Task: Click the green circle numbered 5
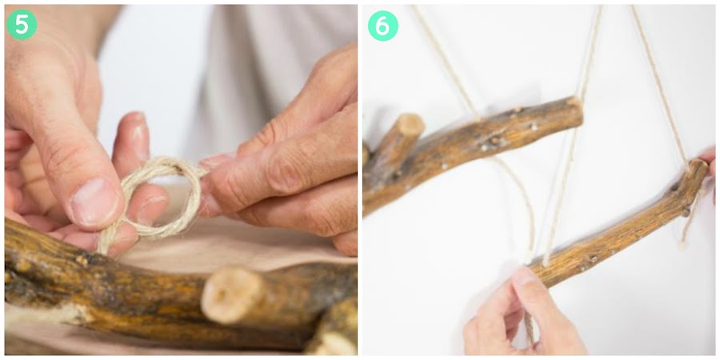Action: [x=22, y=24]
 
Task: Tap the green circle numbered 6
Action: [x=383, y=26]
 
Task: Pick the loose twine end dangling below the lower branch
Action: [x=688, y=225]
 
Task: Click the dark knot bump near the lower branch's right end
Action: [x=686, y=212]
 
